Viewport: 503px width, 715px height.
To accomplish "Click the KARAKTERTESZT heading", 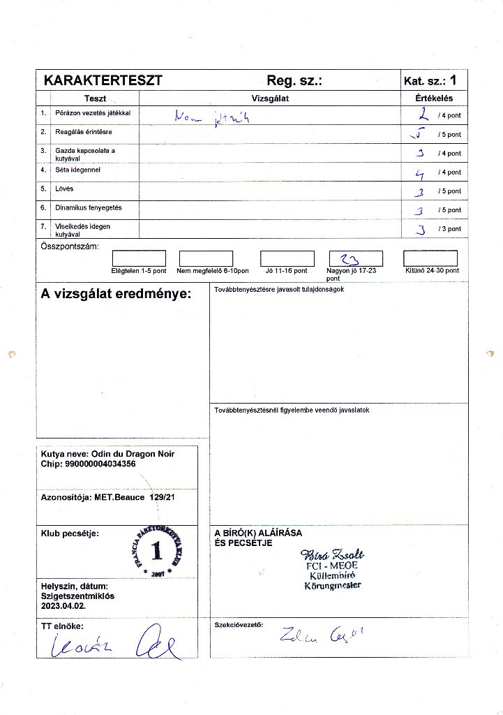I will (x=103, y=80).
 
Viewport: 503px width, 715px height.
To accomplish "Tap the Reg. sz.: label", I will (x=294, y=80).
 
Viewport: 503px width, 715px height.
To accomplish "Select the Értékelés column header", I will (x=433, y=98).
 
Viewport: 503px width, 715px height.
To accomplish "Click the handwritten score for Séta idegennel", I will (x=420, y=171).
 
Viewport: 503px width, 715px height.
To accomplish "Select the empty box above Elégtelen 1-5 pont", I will (x=139, y=258).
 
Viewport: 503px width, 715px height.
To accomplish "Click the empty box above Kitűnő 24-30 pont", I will (x=430, y=258).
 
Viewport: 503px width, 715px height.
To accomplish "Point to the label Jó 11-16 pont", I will (x=286, y=271).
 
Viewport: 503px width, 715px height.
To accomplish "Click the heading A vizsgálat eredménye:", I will (x=116, y=294).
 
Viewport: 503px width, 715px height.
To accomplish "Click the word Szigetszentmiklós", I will (x=77, y=597).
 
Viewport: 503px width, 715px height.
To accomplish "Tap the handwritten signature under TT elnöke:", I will (x=112, y=644).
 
